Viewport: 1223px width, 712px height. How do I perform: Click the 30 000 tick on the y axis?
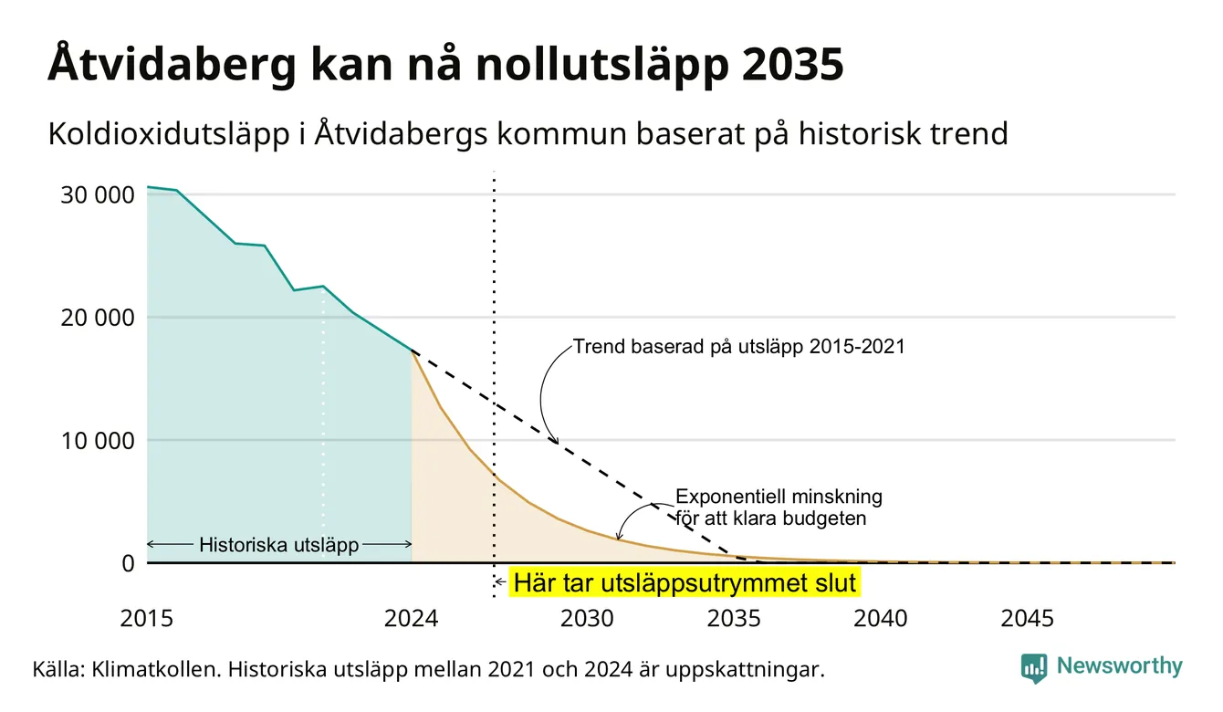click(97, 195)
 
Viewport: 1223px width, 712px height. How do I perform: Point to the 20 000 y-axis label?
click(97, 318)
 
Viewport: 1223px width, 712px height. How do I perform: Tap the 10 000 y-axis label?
click(97, 441)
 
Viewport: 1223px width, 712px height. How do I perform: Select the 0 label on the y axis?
click(129, 563)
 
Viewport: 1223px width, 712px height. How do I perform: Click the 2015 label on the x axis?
click(146, 619)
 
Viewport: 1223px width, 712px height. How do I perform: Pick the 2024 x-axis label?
click(411, 619)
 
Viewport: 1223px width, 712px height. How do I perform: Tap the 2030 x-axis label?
click(588, 619)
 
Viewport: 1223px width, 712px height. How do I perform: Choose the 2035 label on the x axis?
click(734, 619)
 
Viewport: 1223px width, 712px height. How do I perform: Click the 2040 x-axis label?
click(881, 619)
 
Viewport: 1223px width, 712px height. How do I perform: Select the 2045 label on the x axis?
click(1027, 619)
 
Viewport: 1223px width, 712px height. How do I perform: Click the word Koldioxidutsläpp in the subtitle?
click(169, 134)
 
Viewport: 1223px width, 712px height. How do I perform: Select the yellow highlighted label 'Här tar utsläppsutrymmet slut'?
click(685, 582)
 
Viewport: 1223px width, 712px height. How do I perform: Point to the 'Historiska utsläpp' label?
click(279, 544)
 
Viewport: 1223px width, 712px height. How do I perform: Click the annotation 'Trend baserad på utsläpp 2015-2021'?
click(738, 347)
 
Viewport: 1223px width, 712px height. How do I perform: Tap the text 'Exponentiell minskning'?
click(779, 497)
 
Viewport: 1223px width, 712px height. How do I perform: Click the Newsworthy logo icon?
click(1034, 668)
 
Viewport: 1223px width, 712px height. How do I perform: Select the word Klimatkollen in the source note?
click(157, 669)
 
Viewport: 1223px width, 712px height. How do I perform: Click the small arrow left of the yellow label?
click(500, 582)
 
